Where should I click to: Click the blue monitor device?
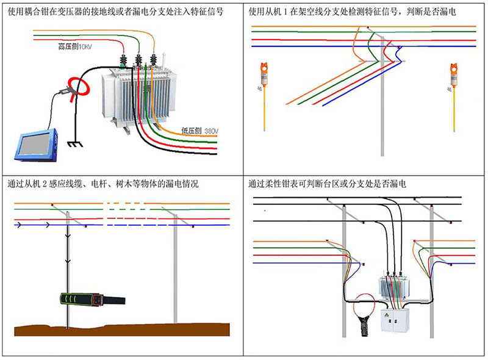(36, 145)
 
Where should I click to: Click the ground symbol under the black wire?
(75, 144)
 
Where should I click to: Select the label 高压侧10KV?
(75, 47)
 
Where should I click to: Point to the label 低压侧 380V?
(200, 131)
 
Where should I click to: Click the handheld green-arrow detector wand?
(93, 299)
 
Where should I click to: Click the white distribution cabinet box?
(395, 320)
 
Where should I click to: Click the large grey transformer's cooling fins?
(145, 97)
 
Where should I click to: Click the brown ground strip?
(122, 330)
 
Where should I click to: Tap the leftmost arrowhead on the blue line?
(19, 225)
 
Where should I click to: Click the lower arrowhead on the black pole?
(68, 261)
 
